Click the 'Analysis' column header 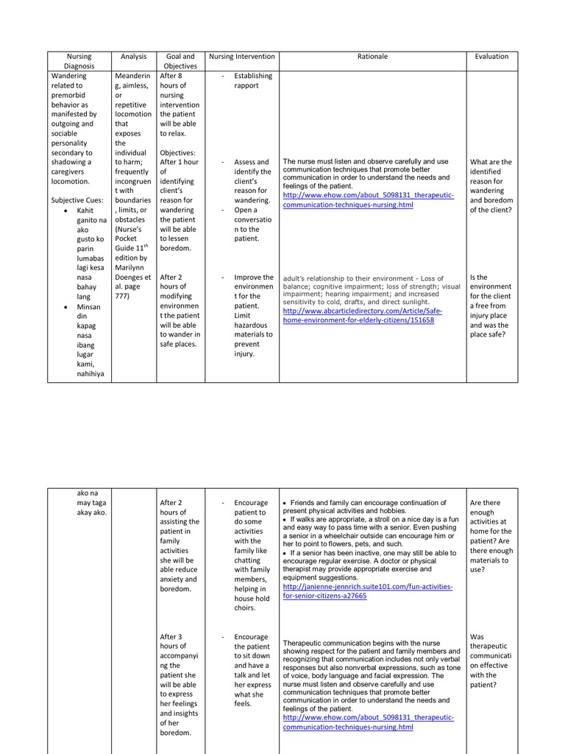click(x=134, y=57)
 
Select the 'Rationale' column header click(x=372, y=57)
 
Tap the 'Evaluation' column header click(x=491, y=57)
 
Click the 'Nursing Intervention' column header click(x=242, y=57)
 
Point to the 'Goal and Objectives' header click(x=180, y=61)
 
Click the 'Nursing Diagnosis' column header click(x=79, y=61)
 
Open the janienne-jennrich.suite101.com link click(x=368, y=591)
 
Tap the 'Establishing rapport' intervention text click(x=252, y=80)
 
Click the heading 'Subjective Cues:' click(x=77, y=200)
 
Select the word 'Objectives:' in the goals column click(x=179, y=152)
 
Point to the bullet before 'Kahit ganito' click(x=67, y=211)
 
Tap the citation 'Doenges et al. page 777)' click(x=133, y=286)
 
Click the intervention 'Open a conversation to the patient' click(x=252, y=224)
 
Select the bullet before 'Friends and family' click(x=285, y=503)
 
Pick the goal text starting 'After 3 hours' click(x=180, y=685)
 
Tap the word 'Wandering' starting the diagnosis click(x=68, y=76)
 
